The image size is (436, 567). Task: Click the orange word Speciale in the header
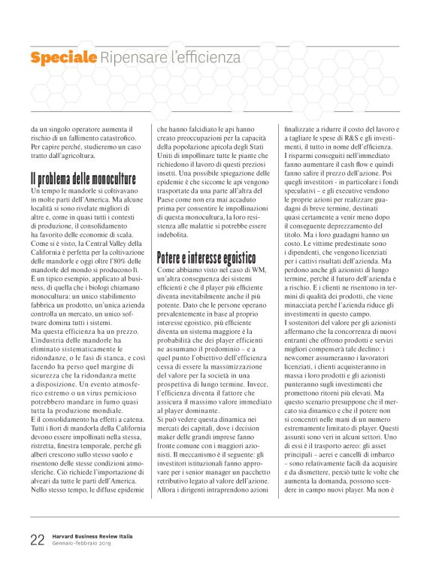pos(63,56)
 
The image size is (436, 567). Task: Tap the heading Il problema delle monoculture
pos(83,180)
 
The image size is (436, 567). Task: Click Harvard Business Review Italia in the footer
pos(92,535)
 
